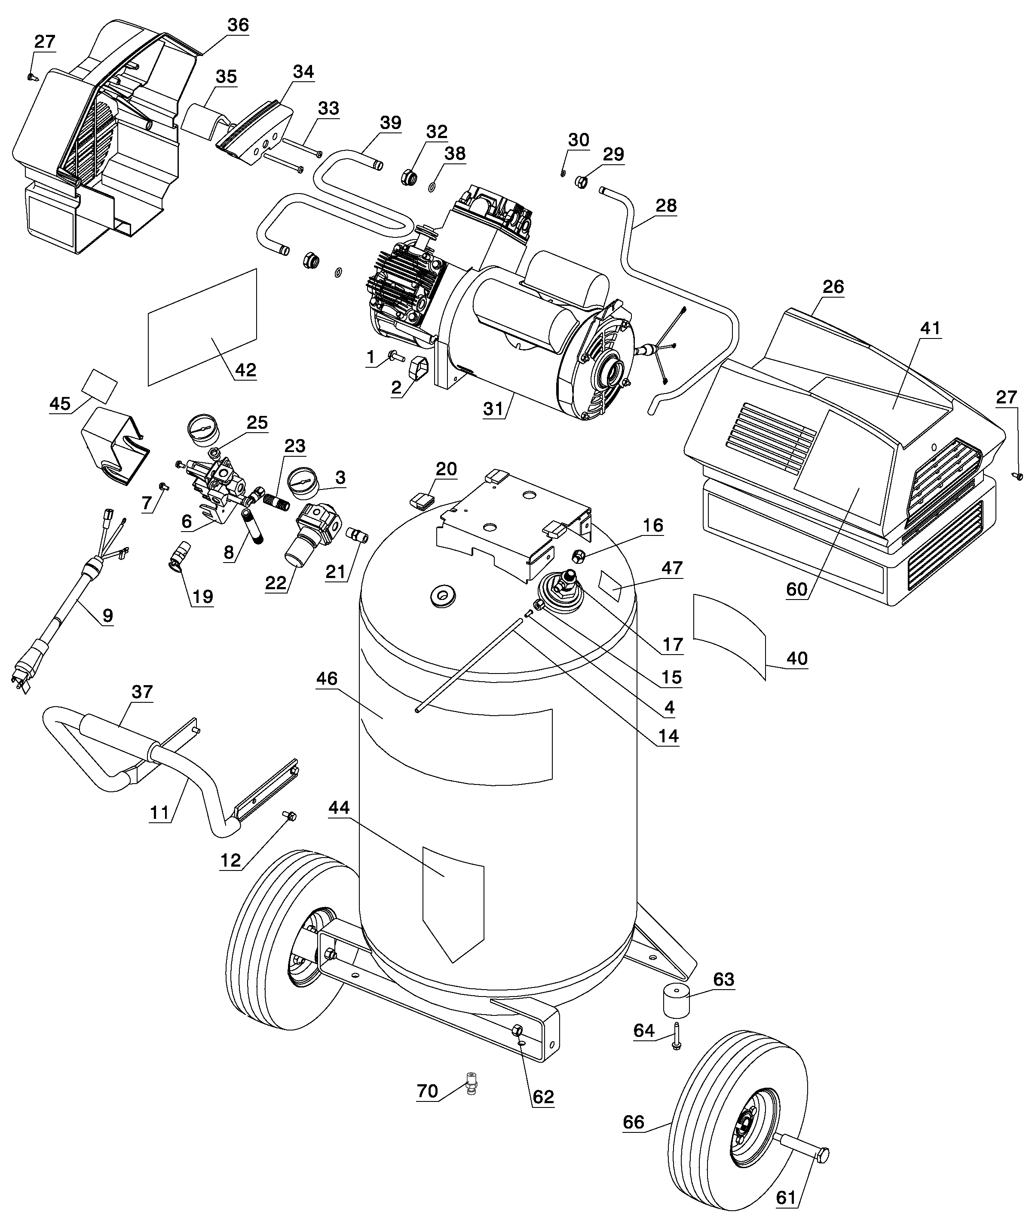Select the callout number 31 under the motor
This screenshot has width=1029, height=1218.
[x=493, y=409]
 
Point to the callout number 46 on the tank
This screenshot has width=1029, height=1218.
[x=327, y=678]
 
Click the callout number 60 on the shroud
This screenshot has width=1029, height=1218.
[x=797, y=590]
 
